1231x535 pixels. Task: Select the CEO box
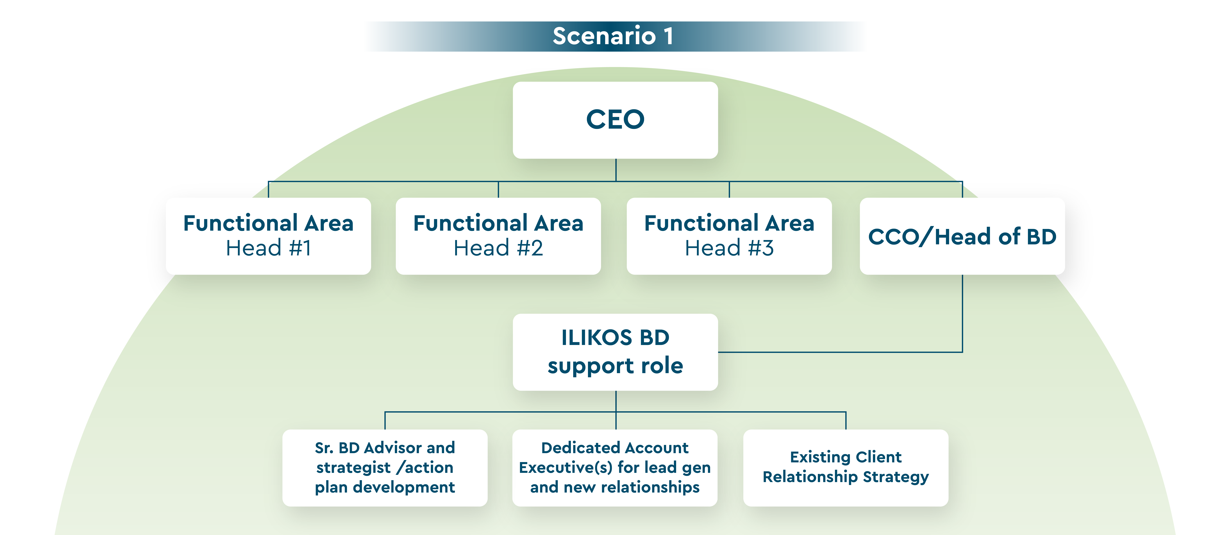[x=615, y=120]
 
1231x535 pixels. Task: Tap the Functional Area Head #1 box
[x=269, y=236]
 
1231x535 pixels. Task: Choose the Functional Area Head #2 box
[x=498, y=236]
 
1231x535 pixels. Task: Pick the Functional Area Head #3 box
[x=729, y=236]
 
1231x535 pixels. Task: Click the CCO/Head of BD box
[x=962, y=236]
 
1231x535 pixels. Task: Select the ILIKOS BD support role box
[x=615, y=352]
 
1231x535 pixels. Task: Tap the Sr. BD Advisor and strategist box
[x=385, y=468]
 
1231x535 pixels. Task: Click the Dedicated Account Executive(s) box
[x=615, y=468]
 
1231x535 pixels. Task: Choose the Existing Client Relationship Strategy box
[x=846, y=468]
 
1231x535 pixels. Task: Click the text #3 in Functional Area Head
[x=761, y=248]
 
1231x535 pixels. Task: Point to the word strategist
[x=353, y=468]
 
